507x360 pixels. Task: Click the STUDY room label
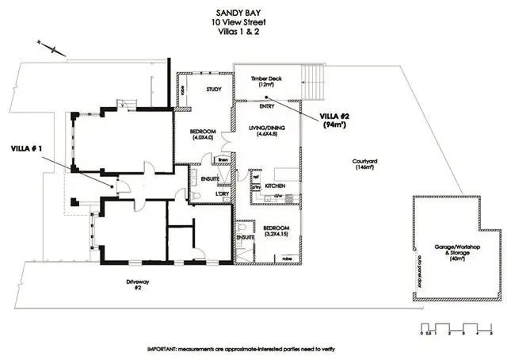212,90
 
